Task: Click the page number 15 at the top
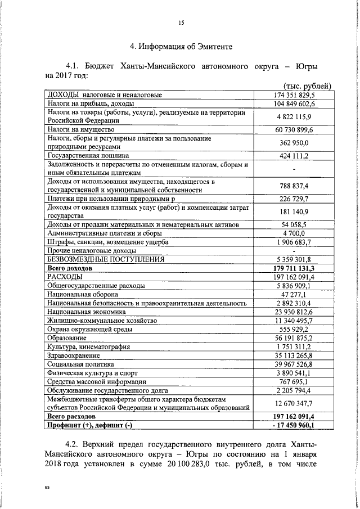point(181,23)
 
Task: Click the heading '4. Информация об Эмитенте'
point(181,46)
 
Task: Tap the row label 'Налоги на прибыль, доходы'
point(91,104)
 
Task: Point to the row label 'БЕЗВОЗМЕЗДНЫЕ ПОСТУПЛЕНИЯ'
point(106,260)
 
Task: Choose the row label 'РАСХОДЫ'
point(65,277)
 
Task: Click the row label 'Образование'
point(67,338)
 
